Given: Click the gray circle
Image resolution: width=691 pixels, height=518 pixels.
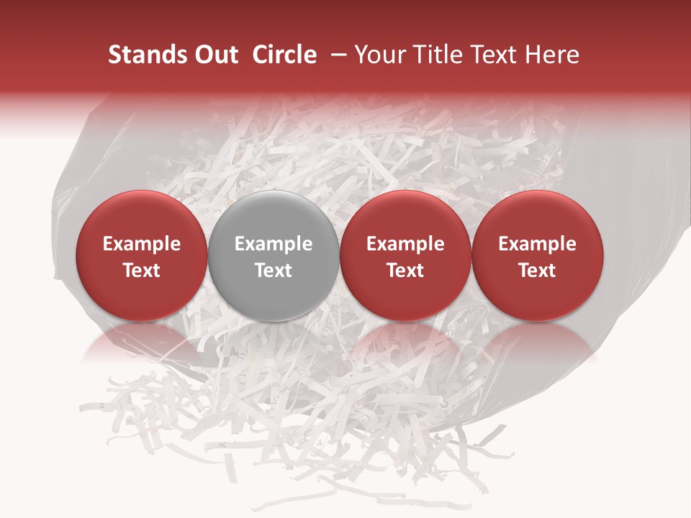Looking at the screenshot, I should pos(274,288).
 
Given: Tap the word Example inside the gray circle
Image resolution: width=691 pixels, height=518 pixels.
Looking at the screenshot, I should pos(274,244).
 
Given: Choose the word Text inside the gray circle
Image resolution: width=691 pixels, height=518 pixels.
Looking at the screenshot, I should pos(274,271).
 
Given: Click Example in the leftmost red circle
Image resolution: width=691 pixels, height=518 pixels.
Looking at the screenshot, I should pos(141,244).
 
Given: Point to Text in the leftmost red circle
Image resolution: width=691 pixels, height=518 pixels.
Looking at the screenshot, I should pos(141,271).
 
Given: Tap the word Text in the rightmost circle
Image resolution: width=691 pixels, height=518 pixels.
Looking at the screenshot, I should pos(537,271).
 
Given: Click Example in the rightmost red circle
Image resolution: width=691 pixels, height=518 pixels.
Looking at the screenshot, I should pos(537,244).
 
